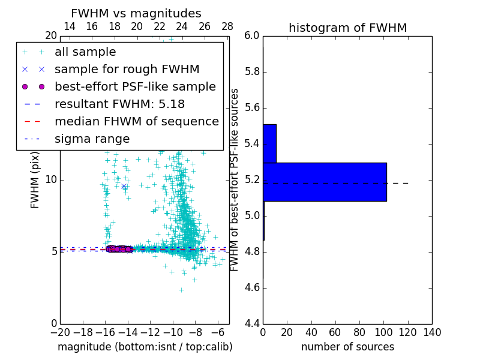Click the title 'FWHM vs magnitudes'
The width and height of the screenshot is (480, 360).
[136, 13]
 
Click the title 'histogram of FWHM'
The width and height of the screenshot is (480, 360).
[347, 28]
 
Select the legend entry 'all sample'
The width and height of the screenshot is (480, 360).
[85, 52]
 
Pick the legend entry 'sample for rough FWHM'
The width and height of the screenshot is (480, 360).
[127, 69]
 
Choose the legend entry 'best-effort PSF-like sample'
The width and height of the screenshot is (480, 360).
[135, 86]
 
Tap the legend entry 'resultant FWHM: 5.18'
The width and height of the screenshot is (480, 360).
[119, 104]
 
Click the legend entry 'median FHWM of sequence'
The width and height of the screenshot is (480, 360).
[136, 121]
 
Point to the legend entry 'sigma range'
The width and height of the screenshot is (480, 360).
[92, 139]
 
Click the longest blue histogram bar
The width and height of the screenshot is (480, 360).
[325, 182]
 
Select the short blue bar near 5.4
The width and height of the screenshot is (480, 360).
[269, 143]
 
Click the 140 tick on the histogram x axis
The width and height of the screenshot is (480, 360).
[432, 332]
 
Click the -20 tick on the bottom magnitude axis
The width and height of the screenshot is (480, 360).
[60, 332]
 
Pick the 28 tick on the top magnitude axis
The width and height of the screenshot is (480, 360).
[227, 26]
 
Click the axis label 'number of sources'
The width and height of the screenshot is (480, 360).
[347, 347]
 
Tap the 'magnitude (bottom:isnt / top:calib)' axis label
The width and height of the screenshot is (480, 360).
[145, 347]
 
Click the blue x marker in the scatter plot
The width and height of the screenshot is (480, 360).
[124, 186]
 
